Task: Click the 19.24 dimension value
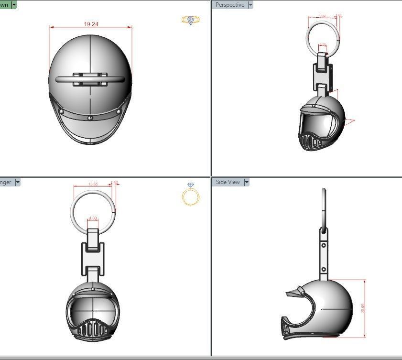click(x=91, y=24)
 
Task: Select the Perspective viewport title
click(x=229, y=5)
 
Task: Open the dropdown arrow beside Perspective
click(x=250, y=5)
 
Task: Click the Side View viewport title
click(x=228, y=182)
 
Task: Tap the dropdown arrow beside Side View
click(x=247, y=182)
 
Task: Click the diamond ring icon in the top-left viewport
click(x=191, y=20)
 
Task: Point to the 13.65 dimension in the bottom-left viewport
click(x=93, y=184)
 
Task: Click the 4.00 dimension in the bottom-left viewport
click(x=93, y=218)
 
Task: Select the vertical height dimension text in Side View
click(x=363, y=308)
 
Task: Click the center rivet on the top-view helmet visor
click(x=90, y=118)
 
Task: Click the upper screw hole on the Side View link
click(x=324, y=245)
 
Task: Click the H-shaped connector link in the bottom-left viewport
click(x=93, y=256)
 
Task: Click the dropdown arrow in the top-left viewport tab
click(x=14, y=5)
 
